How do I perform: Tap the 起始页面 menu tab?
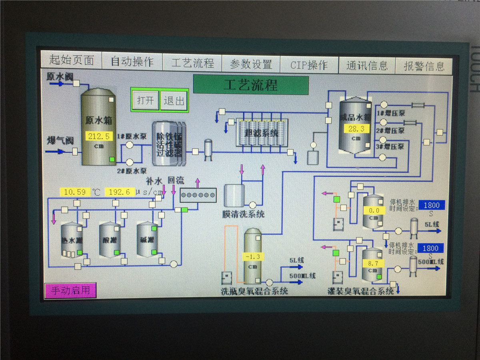coord(72,61)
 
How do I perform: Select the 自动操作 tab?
coord(132,62)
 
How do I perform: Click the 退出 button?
coord(174,100)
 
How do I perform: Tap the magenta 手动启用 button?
coord(70,290)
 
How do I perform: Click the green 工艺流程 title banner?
coord(251,85)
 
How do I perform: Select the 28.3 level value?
coord(356,129)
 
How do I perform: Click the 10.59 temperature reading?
coord(75,192)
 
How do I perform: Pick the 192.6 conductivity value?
coord(120,192)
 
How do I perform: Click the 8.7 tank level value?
coord(373,263)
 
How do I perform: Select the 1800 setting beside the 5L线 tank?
coord(431,205)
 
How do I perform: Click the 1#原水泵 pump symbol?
coord(130,145)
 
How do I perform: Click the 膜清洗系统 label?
coord(244,214)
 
